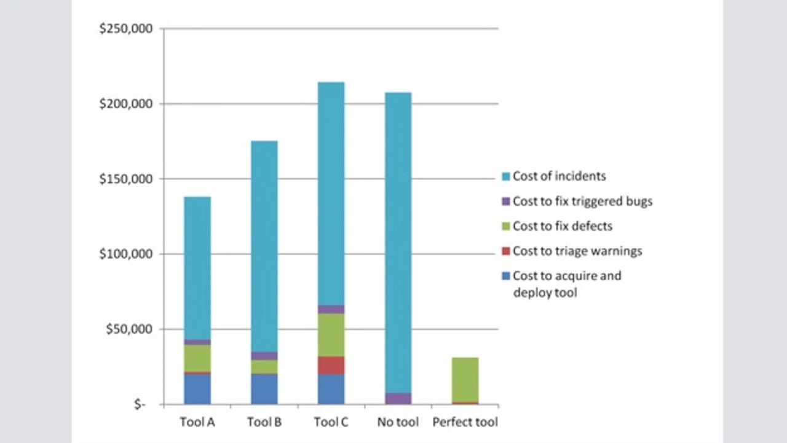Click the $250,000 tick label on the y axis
pyautogui.click(x=125, y=29)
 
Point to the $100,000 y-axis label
pyautogui.click(x=125, y=254)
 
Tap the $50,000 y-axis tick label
pyautogui.click(x=129, y=329)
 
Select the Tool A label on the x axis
pyautogui.click(x=197, y=422)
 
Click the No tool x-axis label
pyautogui.click(x=397, y=422)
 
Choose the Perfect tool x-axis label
pyautogui.click(x=465, y=422)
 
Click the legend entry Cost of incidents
pyautogui.click(x=559, y=176)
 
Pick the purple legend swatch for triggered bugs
pyautogui.click(x=505, y=202)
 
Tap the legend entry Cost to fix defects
pyautogui.click(x=562, y=226)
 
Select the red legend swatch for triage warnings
pyautogui.click(x=505, y=251)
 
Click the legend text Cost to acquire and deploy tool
pyautogui.click(x=566, y=284)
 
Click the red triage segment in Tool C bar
pyautogui.click(x=331, y=365)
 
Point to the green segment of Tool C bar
pyautogui.click(x=331, y=335)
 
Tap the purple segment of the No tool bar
pyautogui.click(x=398, y=398)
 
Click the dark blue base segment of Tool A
pyautogui.click(x=197, y=388)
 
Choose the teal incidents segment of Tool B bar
pyautogui.click(x=264, y=246)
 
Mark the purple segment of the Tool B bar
pyautogui.click(x=264, y=356)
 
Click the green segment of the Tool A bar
pyautogui.click(x=197, y=358)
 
